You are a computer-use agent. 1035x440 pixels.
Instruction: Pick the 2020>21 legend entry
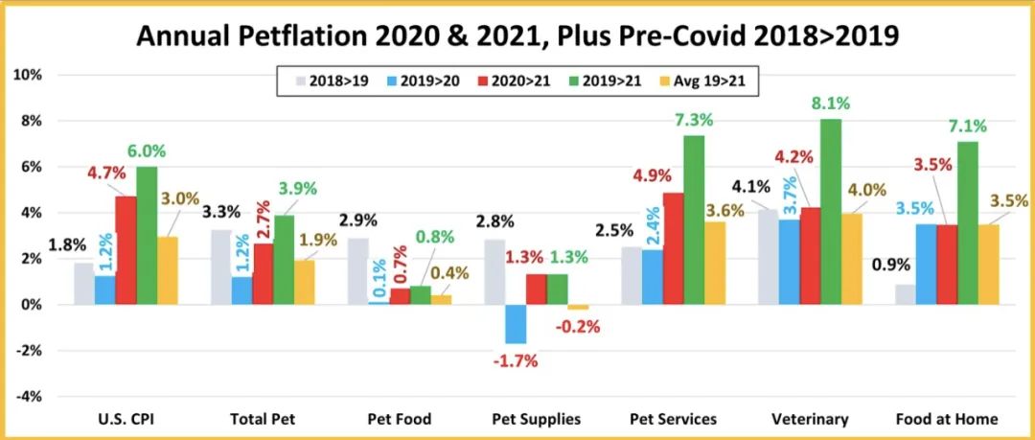521,81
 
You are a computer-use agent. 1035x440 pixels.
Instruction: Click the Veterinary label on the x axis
810,419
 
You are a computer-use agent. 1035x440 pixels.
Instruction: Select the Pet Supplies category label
536,419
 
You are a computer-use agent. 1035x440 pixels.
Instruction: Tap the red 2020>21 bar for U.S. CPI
126,250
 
